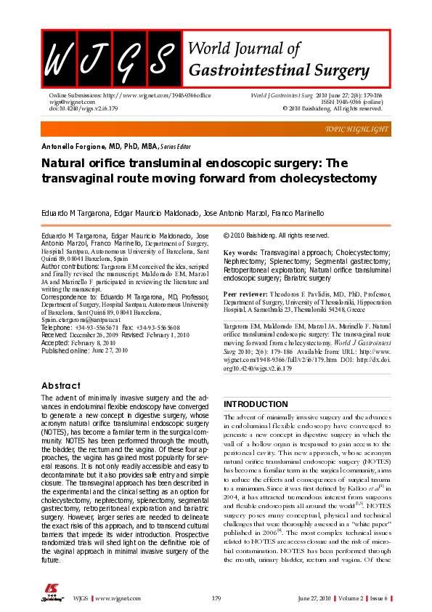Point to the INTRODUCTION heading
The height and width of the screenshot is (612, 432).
(256, 403)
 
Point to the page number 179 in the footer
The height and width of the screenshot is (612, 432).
(216, 598)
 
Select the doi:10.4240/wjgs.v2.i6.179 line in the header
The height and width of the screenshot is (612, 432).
(83, 109)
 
